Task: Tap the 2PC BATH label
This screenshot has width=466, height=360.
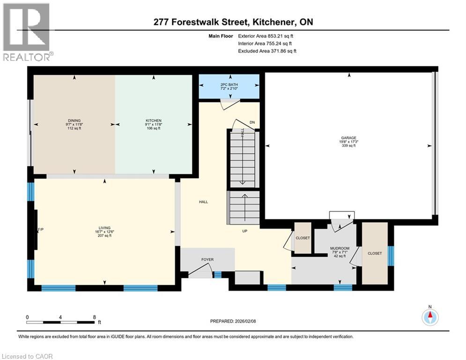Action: click(229, 85)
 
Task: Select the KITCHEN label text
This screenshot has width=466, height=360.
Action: click(153, 120)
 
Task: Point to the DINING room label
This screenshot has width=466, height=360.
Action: click(74, 120)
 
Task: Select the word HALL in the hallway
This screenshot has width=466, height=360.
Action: click(203, 202)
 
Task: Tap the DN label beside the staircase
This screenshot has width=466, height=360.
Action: click(251, 122)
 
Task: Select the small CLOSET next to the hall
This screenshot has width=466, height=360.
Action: click(303, 238)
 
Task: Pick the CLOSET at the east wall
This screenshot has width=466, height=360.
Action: click(375, 253)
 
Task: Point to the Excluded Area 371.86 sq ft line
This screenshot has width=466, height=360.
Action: click(267, 51)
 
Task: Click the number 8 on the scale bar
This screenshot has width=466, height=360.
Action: click(94, 317)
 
